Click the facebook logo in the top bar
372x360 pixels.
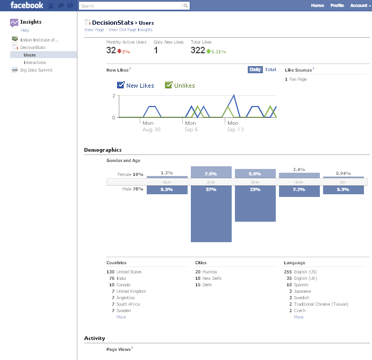pyautogui.click(x=27, y=5)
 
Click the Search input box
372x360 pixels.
pyautogui.click(x=131, y=6)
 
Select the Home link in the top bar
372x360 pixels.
pyautogui.click(x=317, y=5)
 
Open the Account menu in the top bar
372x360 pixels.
pyautogui.click(x=359, y=5)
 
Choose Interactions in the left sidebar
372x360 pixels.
pyautogui.click(x=35, y=62)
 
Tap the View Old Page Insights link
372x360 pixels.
pyautogui.click(x=130, y=30)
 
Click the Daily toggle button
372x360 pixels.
pyautogui.click(x=255, y=69)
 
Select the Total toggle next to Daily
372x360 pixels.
pyautogui.click(x=270, y=69)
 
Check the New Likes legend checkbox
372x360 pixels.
pyautogui.click(x=121, y=85)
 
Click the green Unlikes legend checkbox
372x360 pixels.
pyautogui.click(x=169, y=85)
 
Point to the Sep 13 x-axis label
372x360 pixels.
pyautogui.click(x=235, y=130)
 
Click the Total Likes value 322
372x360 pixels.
pyautogui.click(x=198, y=50)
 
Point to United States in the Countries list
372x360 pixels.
pyautogui.click(x=129, y=272)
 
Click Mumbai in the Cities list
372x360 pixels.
pyautogui.click(x=210, y=272)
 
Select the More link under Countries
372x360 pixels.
pyautogui.click(x=121, y=317)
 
